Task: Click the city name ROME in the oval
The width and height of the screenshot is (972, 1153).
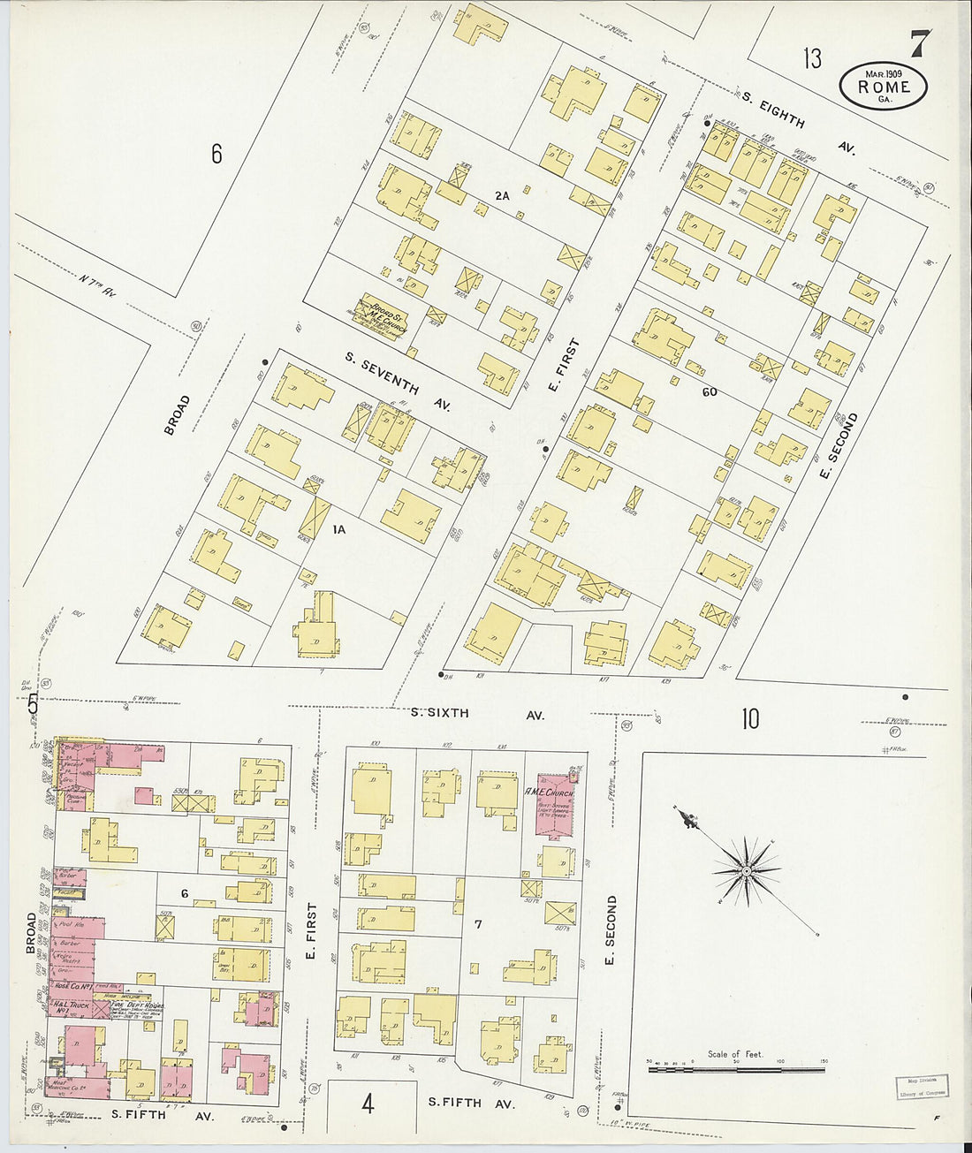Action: (884, 87)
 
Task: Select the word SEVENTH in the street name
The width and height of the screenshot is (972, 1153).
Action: (394, 384)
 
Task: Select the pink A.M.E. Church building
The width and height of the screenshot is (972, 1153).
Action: (556, 805)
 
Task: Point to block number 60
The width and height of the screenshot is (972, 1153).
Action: (709, 391)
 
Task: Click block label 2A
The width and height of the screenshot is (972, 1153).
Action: (502, 195)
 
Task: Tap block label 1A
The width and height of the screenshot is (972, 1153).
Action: (338, 529)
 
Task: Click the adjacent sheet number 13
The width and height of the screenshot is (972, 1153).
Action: (811, 59)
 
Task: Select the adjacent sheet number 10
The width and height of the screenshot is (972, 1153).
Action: (749, 719)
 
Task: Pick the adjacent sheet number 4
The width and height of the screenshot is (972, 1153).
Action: (368, 1104)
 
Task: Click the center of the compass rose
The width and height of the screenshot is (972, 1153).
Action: (747, 871)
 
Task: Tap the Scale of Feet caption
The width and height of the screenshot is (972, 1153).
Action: (734, 1054)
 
